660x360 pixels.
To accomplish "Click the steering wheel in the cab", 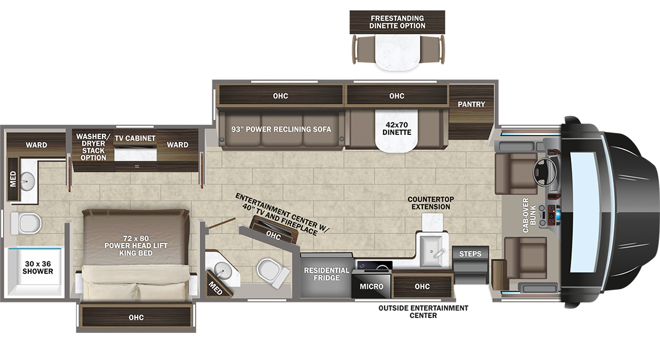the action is point(545,172).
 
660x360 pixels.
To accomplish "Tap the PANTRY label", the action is point(472,104).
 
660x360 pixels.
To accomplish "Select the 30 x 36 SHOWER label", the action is point(38,268).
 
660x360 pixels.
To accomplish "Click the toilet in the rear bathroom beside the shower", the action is point(26,223).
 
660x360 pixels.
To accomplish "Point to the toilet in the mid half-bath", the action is point(273,272).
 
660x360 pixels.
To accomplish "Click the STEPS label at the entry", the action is point(470,253).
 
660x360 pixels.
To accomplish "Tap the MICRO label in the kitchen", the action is point(371,286).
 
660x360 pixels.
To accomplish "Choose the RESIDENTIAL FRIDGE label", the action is point(326,274).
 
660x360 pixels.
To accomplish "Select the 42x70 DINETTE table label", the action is point(397,128).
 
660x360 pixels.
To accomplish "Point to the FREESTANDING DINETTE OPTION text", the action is point(397,22).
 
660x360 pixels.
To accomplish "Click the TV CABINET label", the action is point(135,138).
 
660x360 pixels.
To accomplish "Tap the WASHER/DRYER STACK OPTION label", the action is point(93,147).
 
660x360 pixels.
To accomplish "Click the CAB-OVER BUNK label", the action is point(529,215).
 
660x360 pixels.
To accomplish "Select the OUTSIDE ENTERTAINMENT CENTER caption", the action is point(423,311).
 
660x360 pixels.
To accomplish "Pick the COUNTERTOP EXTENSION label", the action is point(431,203).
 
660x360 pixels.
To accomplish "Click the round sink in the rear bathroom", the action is point(28,181).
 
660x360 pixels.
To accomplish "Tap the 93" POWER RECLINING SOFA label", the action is point(281,129).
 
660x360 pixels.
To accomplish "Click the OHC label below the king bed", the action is point(136,317).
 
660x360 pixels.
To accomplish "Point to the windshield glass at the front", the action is point(584,212).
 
